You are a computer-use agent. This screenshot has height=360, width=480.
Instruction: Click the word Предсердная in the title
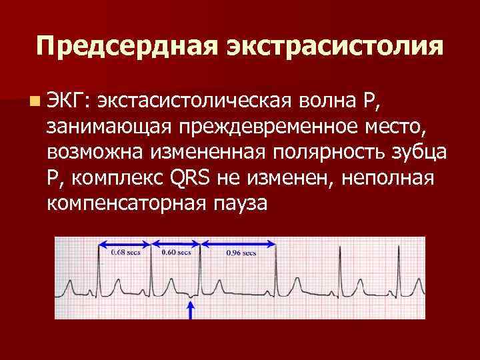tap(127, 46)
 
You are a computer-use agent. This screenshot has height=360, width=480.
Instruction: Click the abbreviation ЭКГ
tap(69, 101)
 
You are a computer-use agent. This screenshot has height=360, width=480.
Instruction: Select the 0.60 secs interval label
tap(176, 253)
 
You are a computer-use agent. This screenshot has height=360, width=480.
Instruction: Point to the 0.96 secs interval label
tap(241, 253)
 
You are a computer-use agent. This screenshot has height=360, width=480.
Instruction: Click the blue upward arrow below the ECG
tap(191, 310)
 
